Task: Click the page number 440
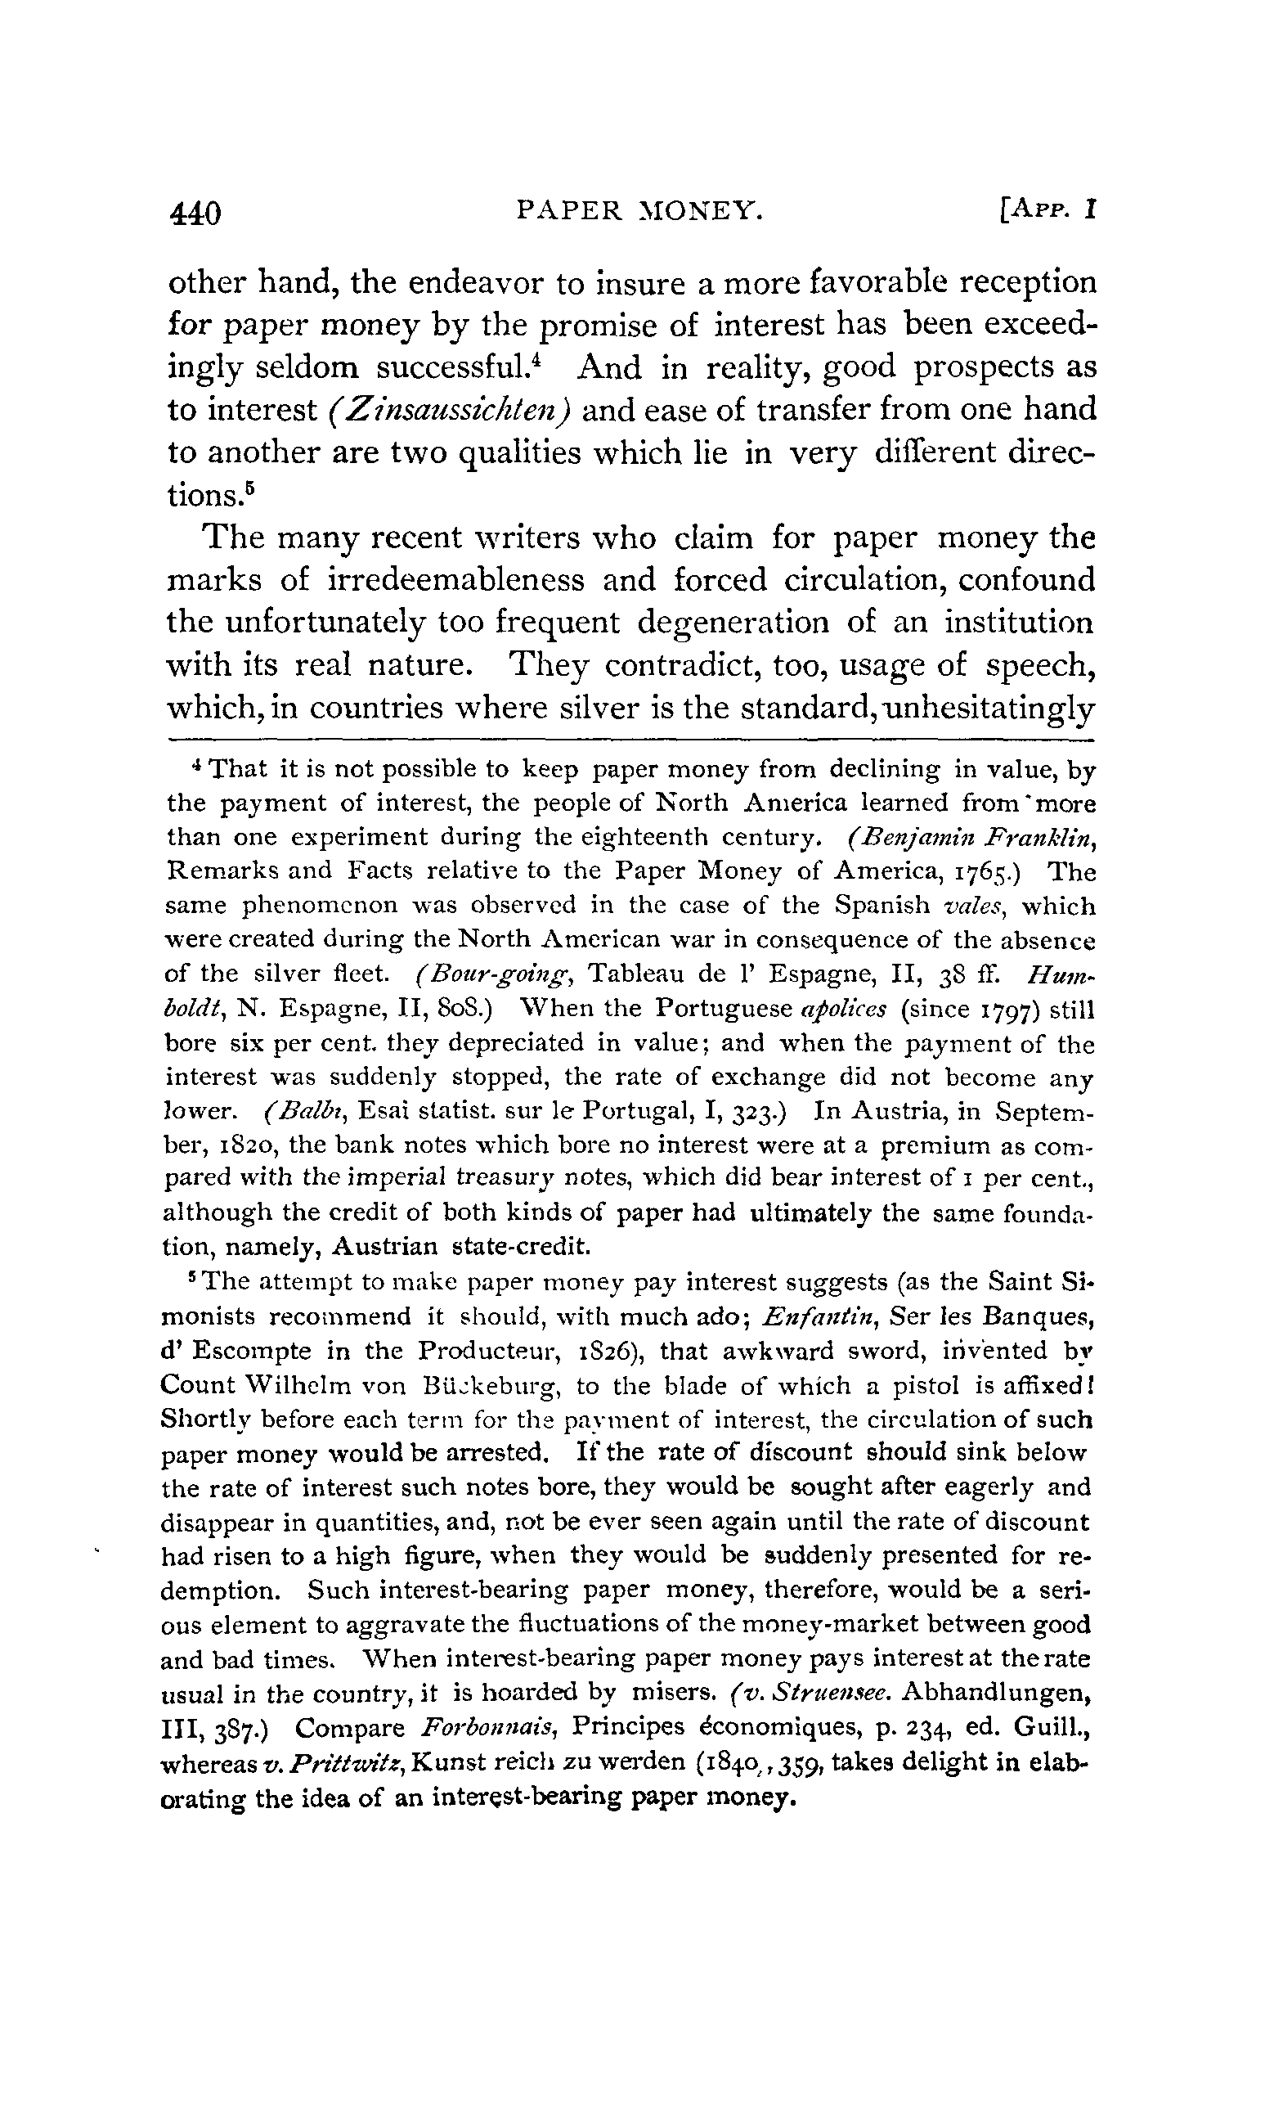tap(195, 211)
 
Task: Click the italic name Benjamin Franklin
tap(971, 837)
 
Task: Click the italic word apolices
tap(846, 1010)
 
